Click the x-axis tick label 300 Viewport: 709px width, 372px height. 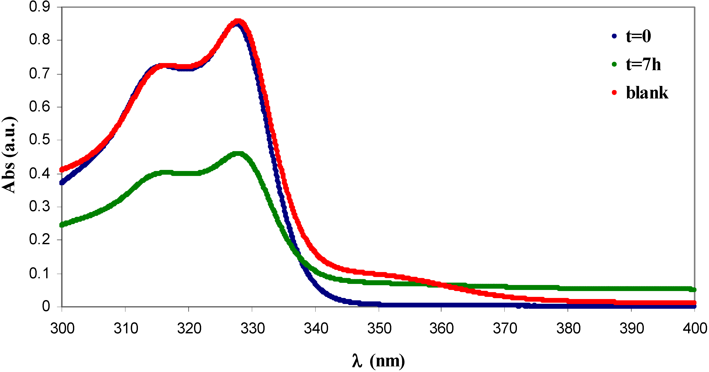click(x=62, y=328)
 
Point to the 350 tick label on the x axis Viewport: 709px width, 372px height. click(x=379, y=328)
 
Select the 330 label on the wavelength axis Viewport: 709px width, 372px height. click(x=252, y=328)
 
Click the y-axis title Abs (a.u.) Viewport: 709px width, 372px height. click(x=9, y=155)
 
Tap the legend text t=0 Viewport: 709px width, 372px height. click(x=638, y=36)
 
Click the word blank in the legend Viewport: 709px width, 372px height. click(x=647, y=93)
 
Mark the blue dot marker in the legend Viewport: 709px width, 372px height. click(x=614, y=36)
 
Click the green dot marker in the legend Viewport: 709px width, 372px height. click(x=614, y=64)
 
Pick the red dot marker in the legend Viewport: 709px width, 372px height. click(x=614, y=93)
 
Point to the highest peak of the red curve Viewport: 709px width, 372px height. click(x=238, y=21)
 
